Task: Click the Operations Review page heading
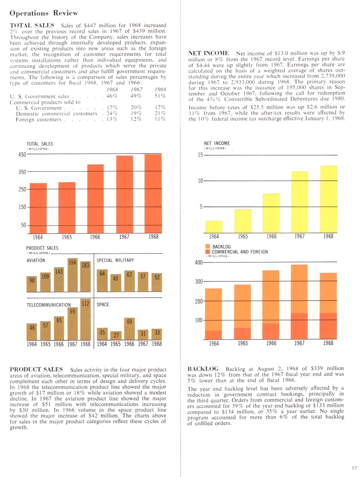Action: point(44,13)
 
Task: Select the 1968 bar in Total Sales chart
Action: point(153,194)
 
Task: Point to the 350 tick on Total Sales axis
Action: point(23,172)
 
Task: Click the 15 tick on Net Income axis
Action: point(201,155)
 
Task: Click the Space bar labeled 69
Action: point(130,329)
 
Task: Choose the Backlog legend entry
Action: point(221,247)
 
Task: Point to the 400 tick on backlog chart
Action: point(198,263)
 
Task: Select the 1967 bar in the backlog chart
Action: point(300,302)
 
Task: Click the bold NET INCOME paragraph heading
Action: point(210,53)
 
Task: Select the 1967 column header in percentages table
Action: point(136,89)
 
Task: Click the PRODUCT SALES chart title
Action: point(42,248)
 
